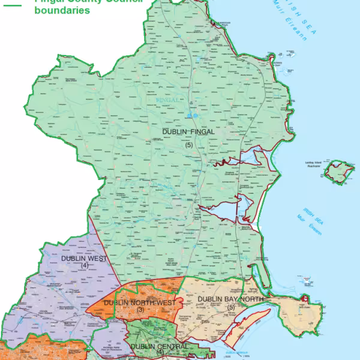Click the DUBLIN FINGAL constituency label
click(x=188, y=131)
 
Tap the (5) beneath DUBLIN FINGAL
click(x=188, y=145)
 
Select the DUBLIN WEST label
click(x=83, y=258)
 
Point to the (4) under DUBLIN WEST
click(x=85, y=265)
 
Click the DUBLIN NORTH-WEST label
click(x=139, y=302)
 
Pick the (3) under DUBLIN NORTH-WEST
click(x=140, y=310)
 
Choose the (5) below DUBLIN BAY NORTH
click(x=230, y=307)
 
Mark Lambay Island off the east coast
click(x=337, y=172)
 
